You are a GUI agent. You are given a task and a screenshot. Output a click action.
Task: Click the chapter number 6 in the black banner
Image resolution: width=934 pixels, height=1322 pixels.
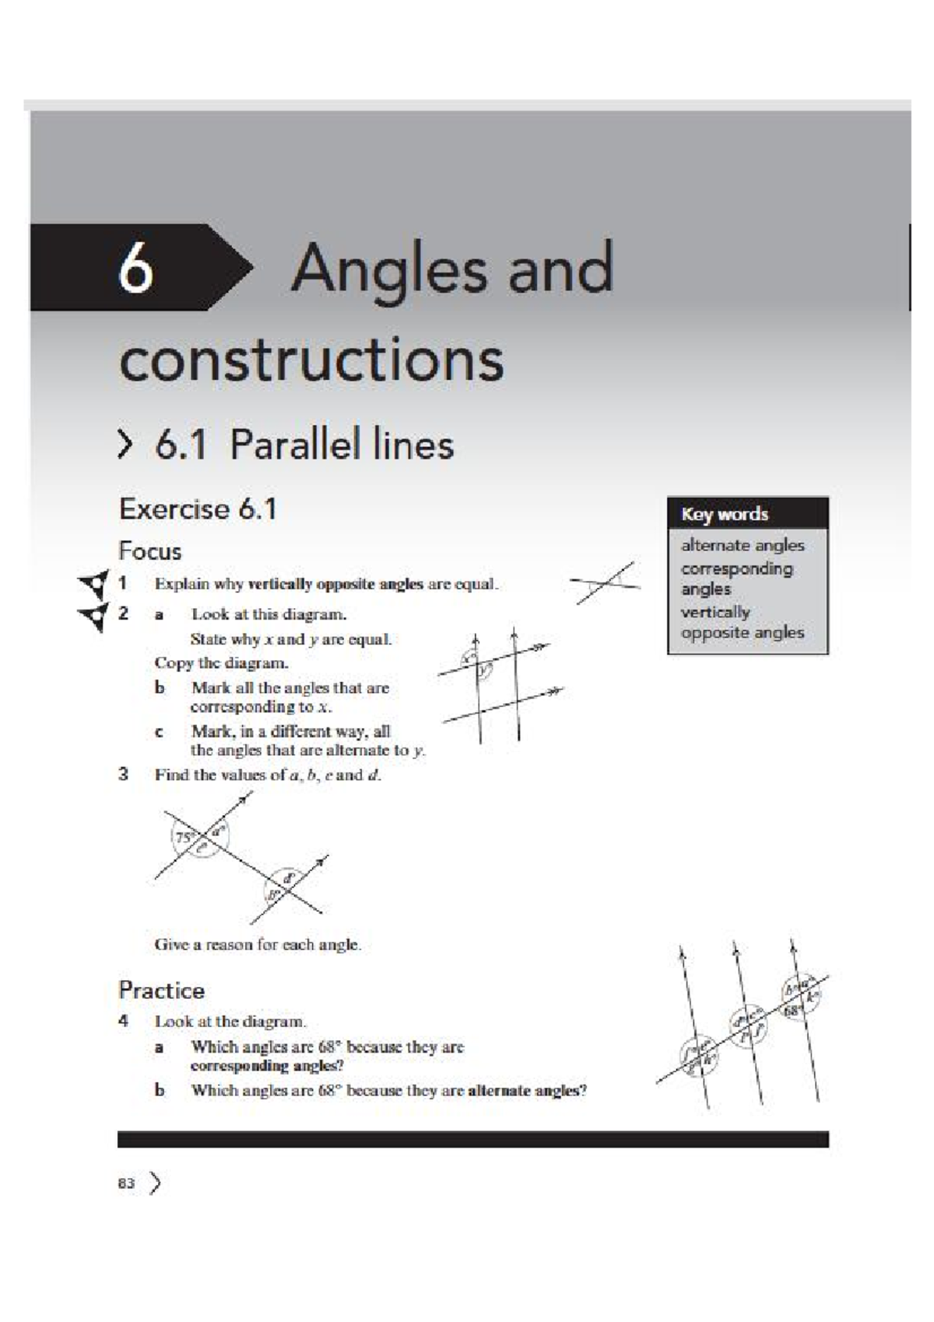coord(135,268)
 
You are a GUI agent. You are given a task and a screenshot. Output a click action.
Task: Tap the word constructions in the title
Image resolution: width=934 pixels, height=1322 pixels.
coord(311,360)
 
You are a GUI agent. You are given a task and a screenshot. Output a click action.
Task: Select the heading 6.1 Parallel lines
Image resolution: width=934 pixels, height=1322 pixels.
coord(304,445)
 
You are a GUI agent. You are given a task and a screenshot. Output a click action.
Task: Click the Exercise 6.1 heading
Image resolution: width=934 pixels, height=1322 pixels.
coord(198,509)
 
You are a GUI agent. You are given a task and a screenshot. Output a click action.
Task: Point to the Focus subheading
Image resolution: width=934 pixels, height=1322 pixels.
coord(150,551)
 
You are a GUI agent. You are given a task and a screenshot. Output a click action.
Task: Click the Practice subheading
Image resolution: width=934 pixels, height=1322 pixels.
coord(161,990)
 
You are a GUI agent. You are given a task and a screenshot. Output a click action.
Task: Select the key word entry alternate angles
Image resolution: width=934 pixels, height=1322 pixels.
coord(743,545)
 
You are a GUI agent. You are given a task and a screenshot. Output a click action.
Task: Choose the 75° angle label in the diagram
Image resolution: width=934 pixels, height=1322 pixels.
coord(184,838)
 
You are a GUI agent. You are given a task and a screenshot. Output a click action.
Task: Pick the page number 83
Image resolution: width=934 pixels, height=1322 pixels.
coord(126,1183)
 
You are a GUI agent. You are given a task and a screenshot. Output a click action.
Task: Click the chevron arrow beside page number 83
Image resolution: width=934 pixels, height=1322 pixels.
coord(156,1183)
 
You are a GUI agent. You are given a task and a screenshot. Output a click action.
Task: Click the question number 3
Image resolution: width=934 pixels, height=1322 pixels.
coord(123,774)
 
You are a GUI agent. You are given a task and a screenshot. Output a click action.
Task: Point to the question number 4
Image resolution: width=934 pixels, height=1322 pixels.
coord(123,1020)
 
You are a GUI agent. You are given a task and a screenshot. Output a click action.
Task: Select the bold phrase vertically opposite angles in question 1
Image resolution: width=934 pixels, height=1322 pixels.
coord(335,584)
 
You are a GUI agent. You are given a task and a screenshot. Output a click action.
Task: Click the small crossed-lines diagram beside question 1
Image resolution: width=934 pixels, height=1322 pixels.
coord(606,582)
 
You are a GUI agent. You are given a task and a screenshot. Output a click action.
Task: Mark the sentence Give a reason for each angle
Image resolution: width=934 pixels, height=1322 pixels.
coord(258,944)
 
